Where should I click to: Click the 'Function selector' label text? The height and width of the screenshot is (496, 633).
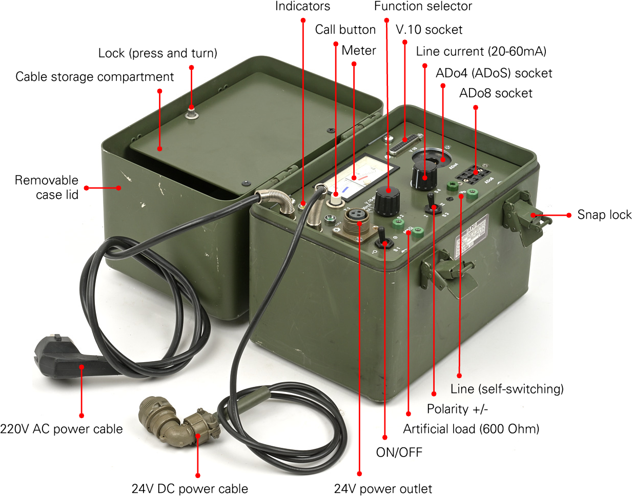pos(423,6)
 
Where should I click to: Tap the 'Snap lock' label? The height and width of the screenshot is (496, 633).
pos(604,215)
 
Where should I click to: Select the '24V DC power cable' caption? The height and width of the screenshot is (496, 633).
pos(190,488)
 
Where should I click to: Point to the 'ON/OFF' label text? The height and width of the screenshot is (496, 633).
pos(399,452)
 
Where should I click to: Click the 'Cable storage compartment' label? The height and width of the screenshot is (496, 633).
pos(95,77)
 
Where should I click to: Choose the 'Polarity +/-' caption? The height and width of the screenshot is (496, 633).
pos(457,409)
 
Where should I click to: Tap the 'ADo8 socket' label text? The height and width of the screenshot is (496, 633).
pos(496,93)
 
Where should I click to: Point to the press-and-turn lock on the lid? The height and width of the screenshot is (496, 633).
pos(192,114)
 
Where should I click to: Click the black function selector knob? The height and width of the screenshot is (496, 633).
pos(387,201)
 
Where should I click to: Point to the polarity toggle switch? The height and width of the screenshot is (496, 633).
pos(433,203)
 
